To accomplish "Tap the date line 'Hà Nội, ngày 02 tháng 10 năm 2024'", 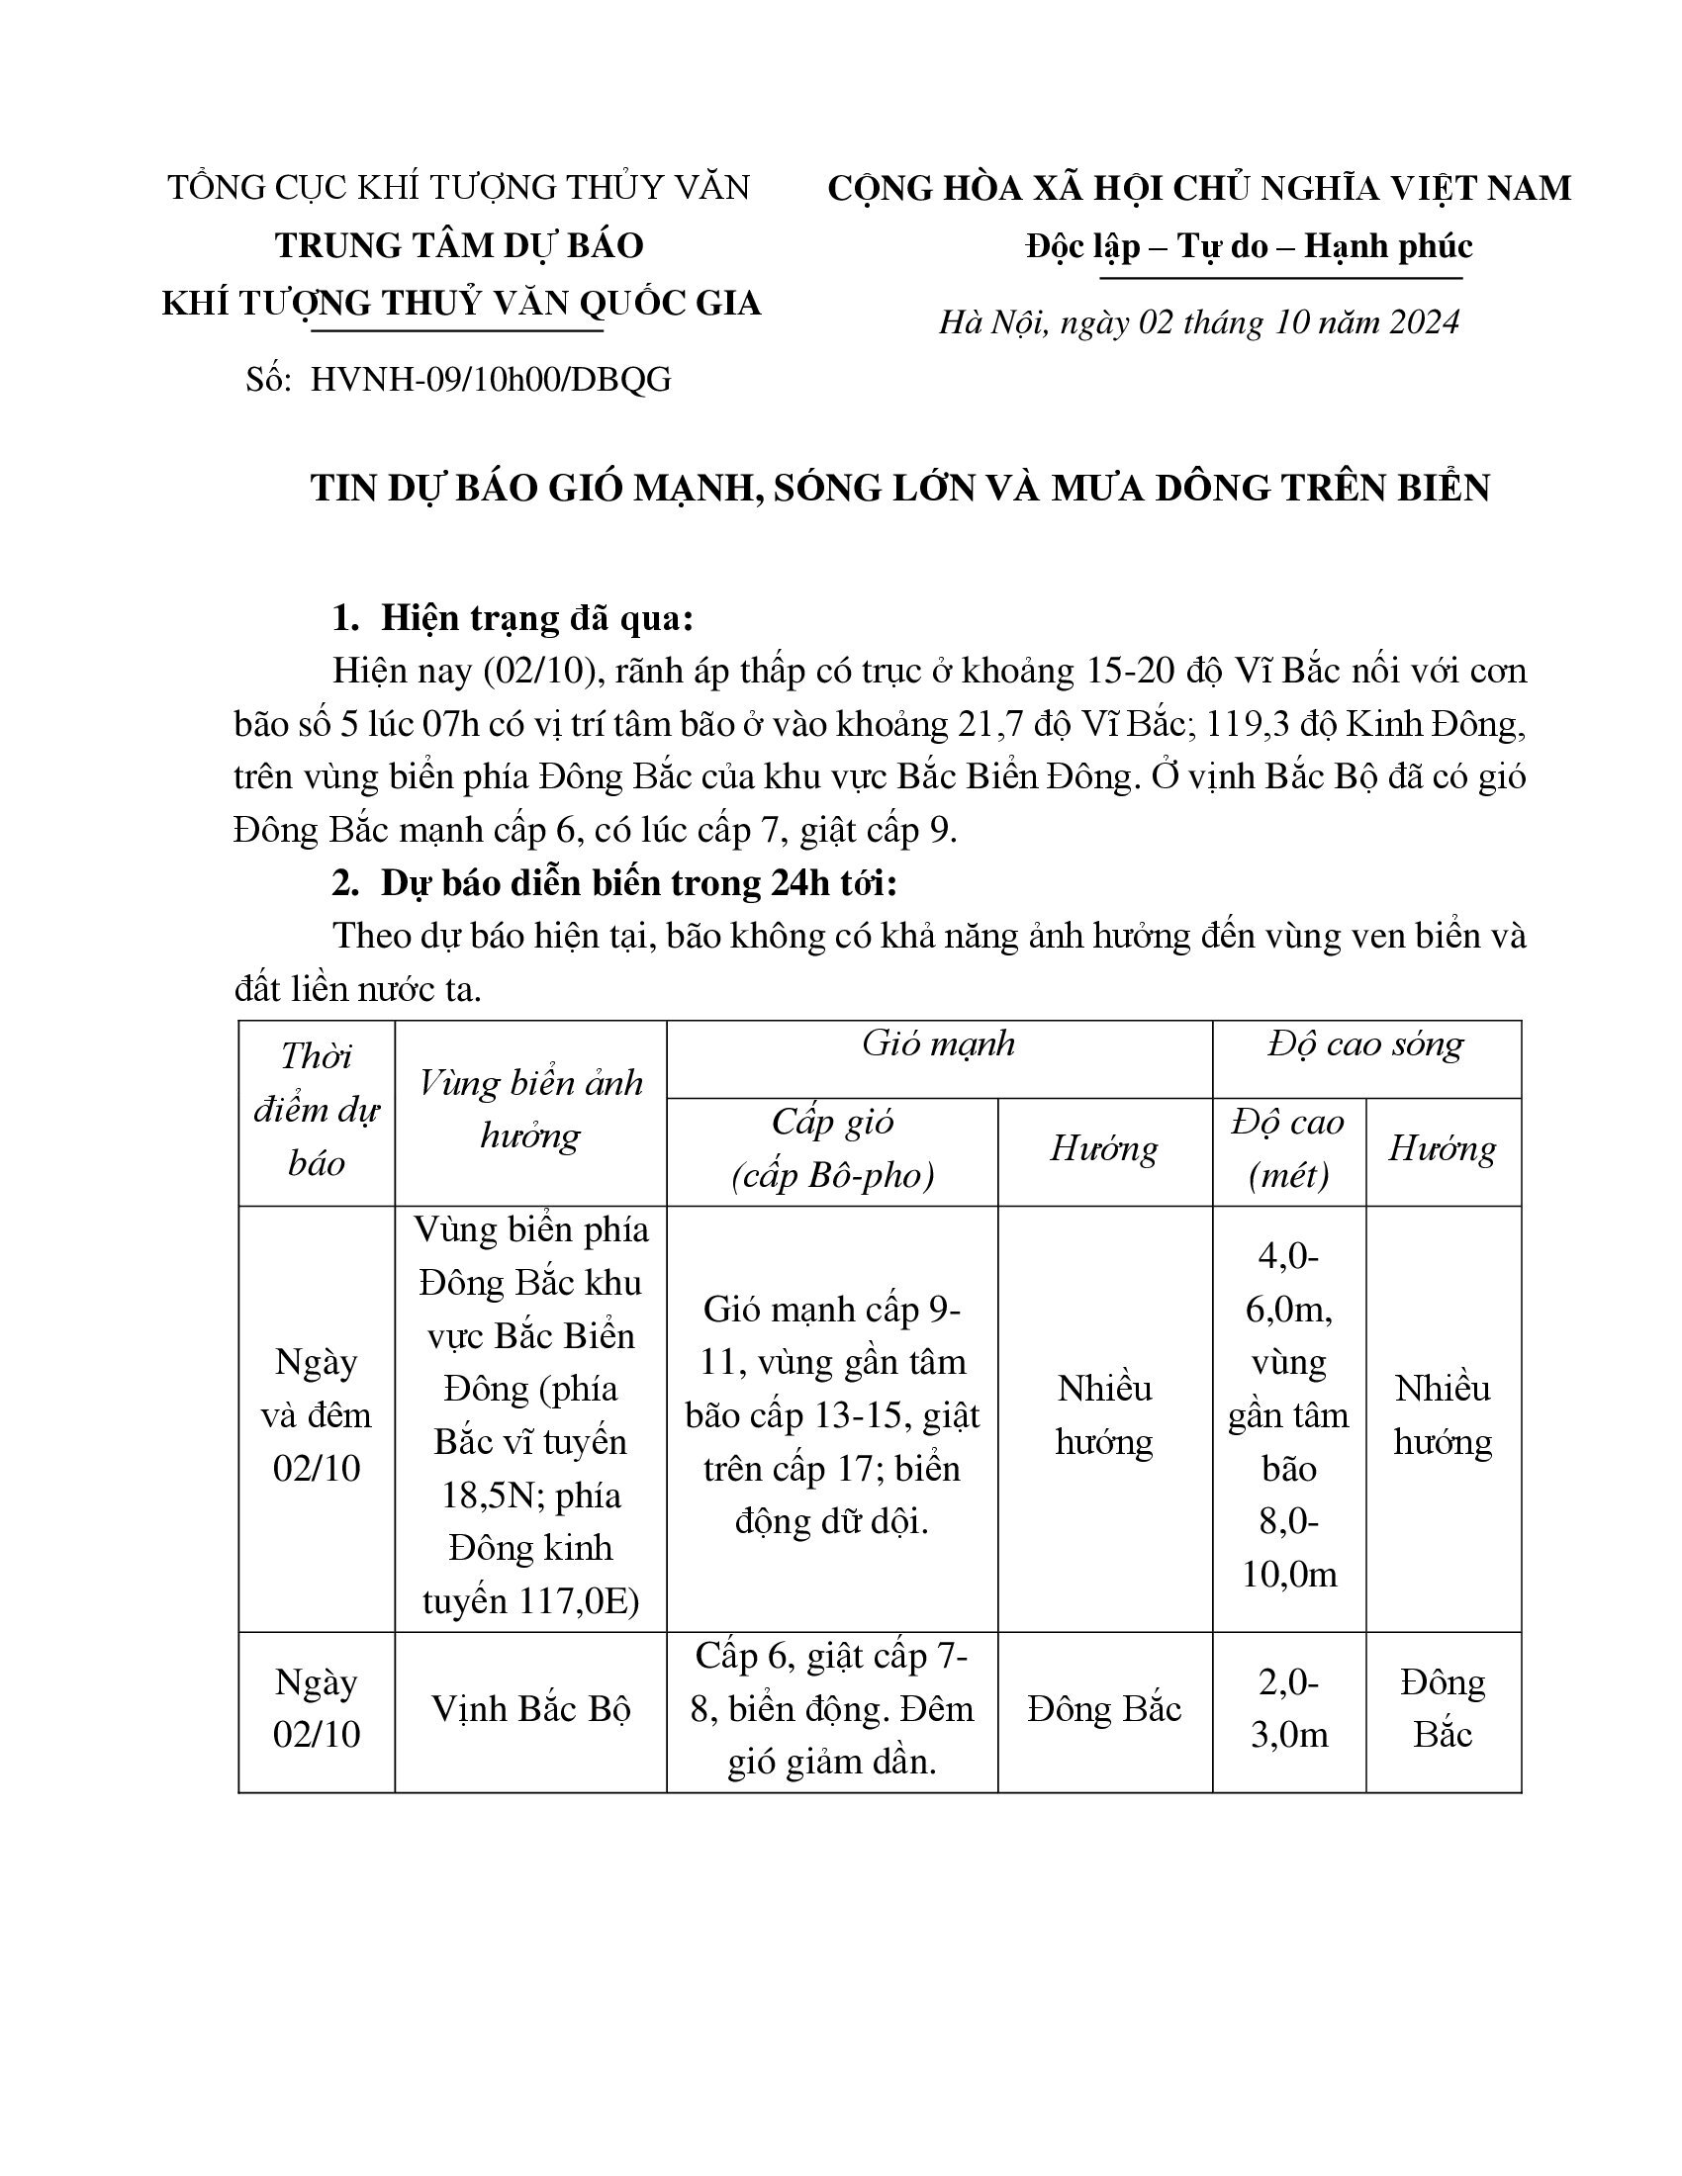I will tap(1199, 321).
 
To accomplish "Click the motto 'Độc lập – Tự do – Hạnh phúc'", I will tap(1249, 246).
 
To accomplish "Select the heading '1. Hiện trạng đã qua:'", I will tap(513, 619).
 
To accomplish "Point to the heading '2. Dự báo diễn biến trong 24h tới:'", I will tap(614, 883).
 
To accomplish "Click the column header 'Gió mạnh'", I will tap(939, 1044).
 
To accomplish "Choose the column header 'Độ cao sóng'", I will tap(1366, 1044).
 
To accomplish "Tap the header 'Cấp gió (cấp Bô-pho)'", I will tap(832, 1149).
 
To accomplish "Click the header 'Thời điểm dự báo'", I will tap(316, 1110).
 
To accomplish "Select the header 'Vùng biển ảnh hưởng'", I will tap(530, 1110).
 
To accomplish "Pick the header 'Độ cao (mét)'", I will tap(1288, 1149).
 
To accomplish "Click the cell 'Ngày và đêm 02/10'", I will tap(316, 1415).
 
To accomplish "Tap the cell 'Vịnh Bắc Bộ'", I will tap(530, 1709).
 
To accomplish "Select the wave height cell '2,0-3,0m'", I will tap(1288, 1709).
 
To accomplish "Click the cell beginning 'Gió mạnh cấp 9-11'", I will tap(832, 1415).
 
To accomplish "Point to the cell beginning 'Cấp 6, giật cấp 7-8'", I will tap(832, 1709).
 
